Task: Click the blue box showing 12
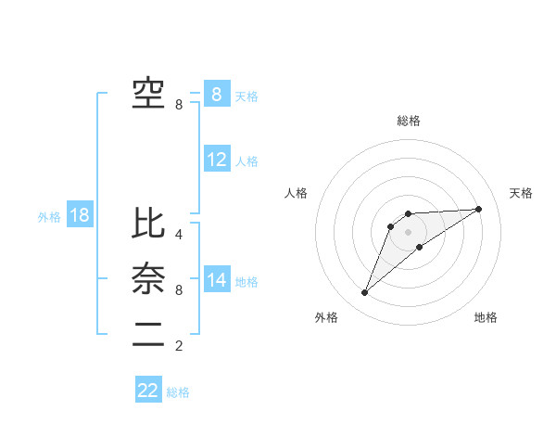217,159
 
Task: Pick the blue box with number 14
217,279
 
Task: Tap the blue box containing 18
80,215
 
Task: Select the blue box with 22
148,391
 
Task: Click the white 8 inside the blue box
217,94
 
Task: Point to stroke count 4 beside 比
179,235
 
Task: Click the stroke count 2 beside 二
179,347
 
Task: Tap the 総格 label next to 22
178,392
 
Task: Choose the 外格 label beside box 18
49,217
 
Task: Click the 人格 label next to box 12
246,161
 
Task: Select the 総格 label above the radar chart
409,121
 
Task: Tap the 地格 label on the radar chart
486,317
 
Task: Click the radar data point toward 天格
479,209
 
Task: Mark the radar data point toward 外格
365,293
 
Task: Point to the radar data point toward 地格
420,247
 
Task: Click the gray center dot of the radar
409,232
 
